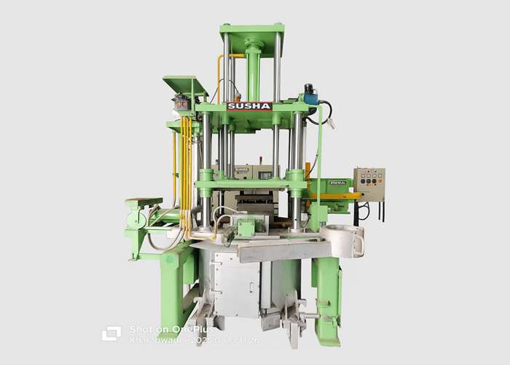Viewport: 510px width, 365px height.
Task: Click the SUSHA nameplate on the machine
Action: (250, 106)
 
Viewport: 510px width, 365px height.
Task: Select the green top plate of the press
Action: (251, 31)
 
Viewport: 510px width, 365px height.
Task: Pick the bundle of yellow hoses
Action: (187, 175)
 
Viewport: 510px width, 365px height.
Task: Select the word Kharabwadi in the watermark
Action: (149, 340)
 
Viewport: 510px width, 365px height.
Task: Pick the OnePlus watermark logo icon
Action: (111, 334)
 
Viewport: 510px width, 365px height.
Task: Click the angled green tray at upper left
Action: (185, 85)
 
